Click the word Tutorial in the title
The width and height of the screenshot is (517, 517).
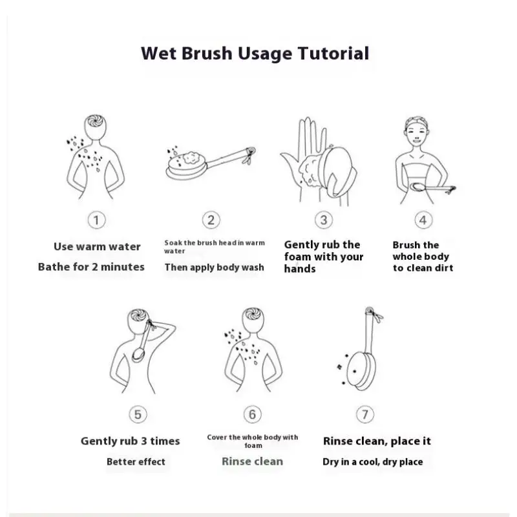click(x=333, y=54)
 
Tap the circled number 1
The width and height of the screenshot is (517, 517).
click(x=96, y=220)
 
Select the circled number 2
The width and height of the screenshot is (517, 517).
click(x=211, y=220)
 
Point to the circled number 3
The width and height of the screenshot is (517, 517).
click(x=324, y=220)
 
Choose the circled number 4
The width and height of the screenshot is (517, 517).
click(x=423, y=220)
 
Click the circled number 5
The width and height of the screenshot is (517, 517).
click(x=138, y=414)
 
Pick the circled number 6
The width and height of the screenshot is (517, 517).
click(x=252, y=414)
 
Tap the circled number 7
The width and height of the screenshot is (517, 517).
click(x=365, y=414)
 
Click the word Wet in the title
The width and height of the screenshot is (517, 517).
click(x=158, y=54)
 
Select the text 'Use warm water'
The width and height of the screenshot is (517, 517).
click(x=97, y=247)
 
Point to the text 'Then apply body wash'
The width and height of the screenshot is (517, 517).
click(x=215, y=268)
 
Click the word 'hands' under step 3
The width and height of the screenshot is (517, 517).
click(x=300, y=269)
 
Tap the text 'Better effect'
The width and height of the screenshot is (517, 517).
click(x=136, y=461)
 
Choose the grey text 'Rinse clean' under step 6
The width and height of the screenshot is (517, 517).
click(x=252, y=461)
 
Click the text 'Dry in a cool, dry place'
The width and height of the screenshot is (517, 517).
click(x=373, y=462)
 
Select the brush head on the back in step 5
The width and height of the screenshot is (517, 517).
click(x=138, y=355)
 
